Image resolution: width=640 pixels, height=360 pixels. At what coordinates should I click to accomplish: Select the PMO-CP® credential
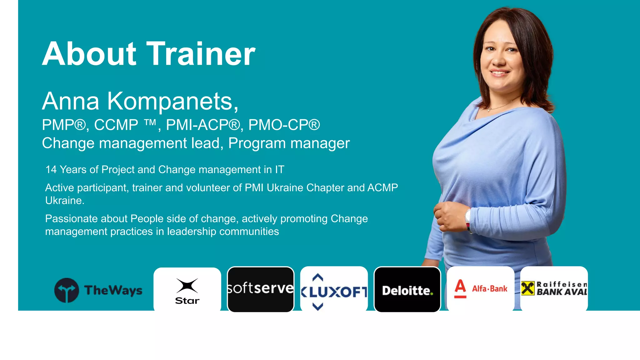click(284, 125)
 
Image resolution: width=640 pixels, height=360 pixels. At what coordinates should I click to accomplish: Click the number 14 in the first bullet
click(51, 170)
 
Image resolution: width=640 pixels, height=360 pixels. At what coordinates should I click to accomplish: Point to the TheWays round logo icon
click(67, 290)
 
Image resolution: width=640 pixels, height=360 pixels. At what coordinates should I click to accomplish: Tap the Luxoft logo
click(334, 291)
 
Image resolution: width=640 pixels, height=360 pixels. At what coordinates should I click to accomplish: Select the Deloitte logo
click(407, 291)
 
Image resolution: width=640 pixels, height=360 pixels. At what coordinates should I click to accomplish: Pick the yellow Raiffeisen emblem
click(527, 288)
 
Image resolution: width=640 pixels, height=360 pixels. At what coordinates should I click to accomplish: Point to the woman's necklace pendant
click(489, 110)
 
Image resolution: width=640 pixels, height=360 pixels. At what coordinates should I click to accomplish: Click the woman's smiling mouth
click(499, 73)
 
